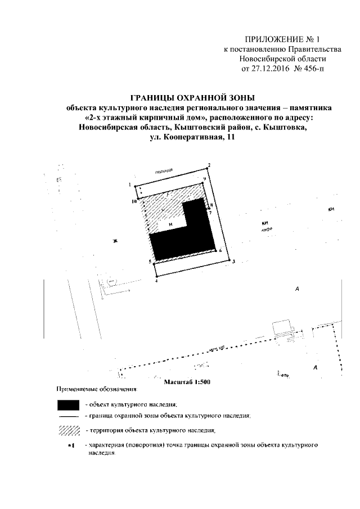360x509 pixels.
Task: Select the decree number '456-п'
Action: pyautogui.click(x=312, y=69)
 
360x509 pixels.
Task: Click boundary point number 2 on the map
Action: pyautogui.click(x=209, y=165)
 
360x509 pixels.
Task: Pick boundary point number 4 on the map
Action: pyautogui.click(x=156, y=280)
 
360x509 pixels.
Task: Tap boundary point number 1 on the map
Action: pyautogui.click(x=130, y=185)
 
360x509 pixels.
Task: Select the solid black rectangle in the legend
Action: pyautogui.click(x=69, y=404)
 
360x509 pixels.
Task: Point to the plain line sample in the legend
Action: pyautogui.click(x=69, y=416)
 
